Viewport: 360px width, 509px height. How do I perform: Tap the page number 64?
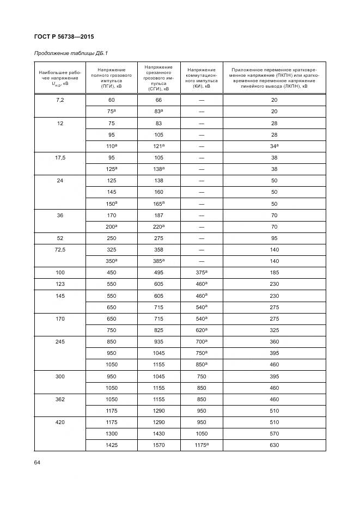(x=38, y=462)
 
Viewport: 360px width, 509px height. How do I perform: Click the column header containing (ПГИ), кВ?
(x=111, y=78)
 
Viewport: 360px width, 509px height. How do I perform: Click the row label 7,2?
(x=60, y=100)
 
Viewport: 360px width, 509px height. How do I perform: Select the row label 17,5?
(x=60, y=157)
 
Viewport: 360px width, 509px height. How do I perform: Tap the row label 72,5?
(x=60, y=249)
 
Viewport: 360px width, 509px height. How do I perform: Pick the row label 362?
(x=60, y=400)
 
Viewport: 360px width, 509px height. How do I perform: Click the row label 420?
(x=60, y=422)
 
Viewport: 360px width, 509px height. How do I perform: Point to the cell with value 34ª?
(x=274, y=146)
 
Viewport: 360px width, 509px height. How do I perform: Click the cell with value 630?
(x=274, y=445)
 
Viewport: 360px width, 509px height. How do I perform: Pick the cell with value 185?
(x=274, y=272)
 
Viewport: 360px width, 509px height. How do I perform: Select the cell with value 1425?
(x=111, y=445)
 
